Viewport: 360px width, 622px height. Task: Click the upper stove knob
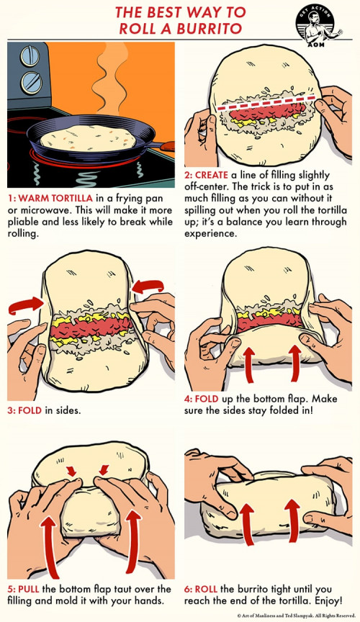30,56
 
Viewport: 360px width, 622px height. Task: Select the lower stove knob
32,82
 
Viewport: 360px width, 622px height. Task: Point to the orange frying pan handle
164,145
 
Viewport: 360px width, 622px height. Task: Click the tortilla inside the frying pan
88,138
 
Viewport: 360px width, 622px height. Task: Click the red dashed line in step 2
266,102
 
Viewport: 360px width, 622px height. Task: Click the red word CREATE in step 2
212,175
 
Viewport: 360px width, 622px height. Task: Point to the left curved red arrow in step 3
25,305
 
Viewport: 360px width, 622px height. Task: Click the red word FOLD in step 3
30,410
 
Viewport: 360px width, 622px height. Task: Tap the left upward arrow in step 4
248,364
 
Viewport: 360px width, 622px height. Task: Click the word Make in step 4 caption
325,399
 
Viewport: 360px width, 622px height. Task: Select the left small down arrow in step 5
72,471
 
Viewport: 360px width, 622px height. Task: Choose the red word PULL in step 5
29,589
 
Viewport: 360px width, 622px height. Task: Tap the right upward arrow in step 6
293,520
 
